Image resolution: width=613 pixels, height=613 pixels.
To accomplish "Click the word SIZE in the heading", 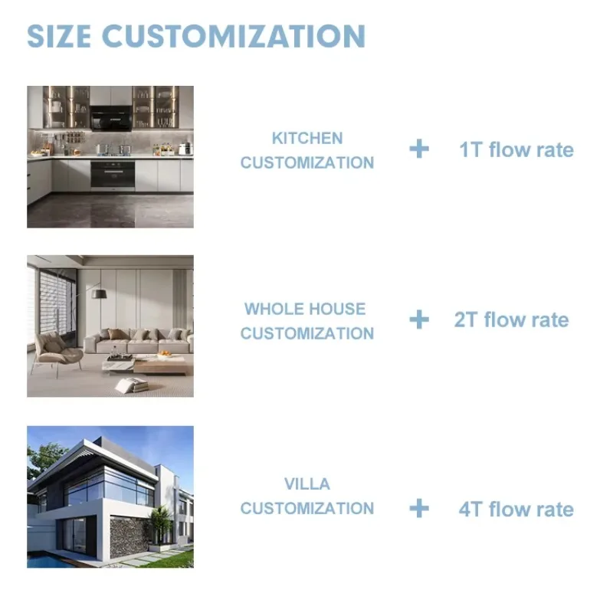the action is (59, 36).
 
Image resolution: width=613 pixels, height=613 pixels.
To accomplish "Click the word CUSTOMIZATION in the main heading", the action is (234, 36).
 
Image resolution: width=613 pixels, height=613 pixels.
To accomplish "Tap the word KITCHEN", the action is (307, 139).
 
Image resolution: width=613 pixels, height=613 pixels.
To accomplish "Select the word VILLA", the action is (307, 484).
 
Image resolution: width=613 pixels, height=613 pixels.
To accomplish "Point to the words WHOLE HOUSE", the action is (305, 310).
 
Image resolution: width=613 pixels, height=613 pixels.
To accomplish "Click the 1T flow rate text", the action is (516, 149).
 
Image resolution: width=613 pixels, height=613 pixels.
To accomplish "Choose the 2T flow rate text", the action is (511, 320).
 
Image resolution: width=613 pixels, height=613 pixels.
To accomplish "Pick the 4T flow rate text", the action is (516, 510).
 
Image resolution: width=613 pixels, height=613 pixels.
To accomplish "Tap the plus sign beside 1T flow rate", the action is (419, 149).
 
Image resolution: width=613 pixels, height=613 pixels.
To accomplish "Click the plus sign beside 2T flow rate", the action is (419, 320).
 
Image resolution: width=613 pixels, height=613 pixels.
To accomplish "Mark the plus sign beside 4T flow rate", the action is (419, 508).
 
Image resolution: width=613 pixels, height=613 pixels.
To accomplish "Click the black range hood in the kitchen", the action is (111, 118).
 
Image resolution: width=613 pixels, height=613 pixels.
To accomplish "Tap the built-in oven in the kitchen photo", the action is (113, 175).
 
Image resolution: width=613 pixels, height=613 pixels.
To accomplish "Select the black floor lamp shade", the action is (100, 293).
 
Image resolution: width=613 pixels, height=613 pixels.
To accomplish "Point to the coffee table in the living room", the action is (148, 365).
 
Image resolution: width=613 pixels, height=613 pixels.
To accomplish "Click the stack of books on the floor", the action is (133, 385).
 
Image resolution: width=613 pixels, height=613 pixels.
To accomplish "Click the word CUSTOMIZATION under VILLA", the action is (307, 509).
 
